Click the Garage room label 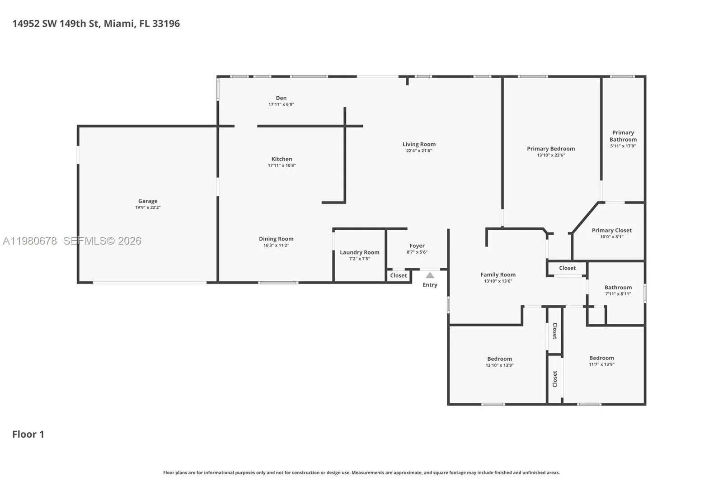(148, 201)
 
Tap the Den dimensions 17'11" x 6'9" (281, 104)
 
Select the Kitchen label (282, 159)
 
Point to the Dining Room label (276, 239)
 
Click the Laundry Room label (359, 252)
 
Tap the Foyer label (417, 246)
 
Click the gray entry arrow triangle (430, 275)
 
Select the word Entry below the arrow (430, 285)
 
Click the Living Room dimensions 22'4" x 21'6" (419, 151)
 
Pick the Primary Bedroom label (550, 149)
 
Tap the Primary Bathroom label (623, 136)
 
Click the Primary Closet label (611, 230)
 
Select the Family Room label (498, 274)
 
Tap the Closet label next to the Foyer (398, 275)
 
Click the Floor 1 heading (28, 434)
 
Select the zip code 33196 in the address (166, 24)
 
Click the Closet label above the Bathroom (567, 268)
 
